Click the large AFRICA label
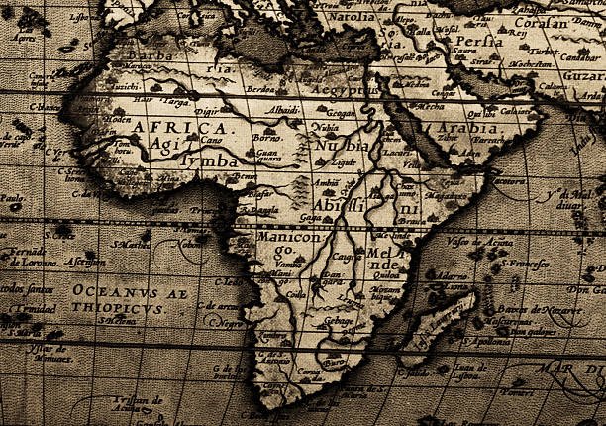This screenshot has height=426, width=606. click(x=178, y=129)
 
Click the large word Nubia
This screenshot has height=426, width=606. click(x=343, y=146)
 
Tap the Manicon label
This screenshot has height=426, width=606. click(x=289, y=239)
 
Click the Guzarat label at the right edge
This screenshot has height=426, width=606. click(x=583, y=77)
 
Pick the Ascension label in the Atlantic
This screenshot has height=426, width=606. click(x=84, y=262)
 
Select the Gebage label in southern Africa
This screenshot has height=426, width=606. click(x=339, y=323)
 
